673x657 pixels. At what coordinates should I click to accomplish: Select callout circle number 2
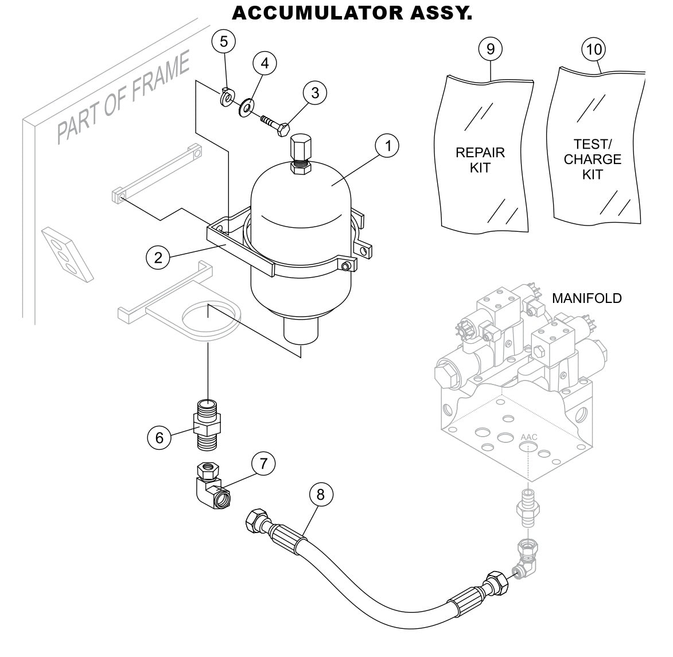158,257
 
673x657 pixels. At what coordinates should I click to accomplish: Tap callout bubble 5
224,41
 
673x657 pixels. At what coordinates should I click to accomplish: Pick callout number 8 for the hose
321,494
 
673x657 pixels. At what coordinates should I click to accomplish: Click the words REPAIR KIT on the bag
480,160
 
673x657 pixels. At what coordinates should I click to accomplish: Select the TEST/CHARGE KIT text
592,159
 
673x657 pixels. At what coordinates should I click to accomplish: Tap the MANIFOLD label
586,298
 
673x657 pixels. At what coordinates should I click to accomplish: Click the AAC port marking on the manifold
528,437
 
